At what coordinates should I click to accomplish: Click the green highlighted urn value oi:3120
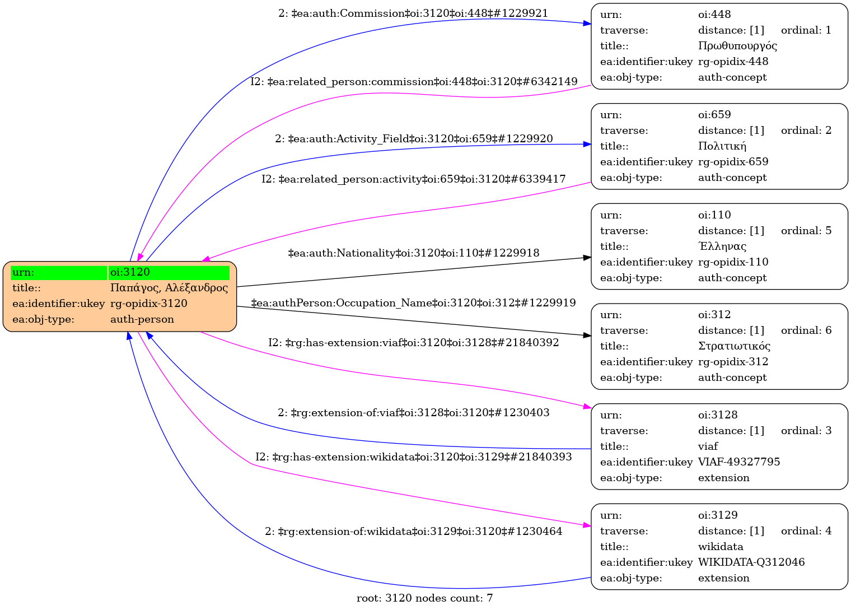coord(169,272)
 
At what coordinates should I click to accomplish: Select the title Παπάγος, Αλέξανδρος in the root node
coord(169,288)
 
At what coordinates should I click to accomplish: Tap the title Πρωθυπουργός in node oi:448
coord(737,46)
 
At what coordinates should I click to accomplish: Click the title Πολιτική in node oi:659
coord(722,146)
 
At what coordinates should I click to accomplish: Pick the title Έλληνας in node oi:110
coord(722,246)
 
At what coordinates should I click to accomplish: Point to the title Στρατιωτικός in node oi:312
coord(734,346)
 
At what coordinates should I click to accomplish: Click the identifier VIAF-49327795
coord(738,462)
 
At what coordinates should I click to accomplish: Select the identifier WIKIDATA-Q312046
coord(751,562)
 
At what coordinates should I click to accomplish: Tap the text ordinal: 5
coord(806,231)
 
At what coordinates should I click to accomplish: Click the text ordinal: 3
coord(806,431)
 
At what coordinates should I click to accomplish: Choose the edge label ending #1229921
coord(413,13)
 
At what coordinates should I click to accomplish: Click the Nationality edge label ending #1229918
coord(413,253)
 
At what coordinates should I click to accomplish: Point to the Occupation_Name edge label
coord(413,303)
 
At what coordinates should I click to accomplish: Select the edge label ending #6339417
coord(413,179)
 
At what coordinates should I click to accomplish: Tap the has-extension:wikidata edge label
coord(413,457)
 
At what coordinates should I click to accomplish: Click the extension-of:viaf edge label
coord(413,413)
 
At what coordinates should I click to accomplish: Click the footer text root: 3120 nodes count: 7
coord(424,598)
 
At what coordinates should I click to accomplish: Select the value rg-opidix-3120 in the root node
coord(148,304)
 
